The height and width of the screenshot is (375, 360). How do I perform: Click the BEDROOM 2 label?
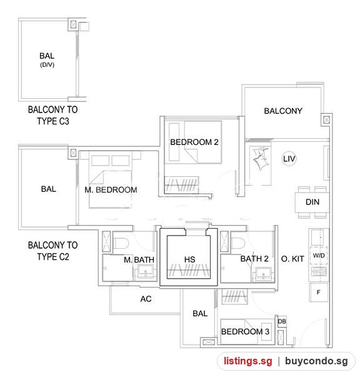coord(194,142)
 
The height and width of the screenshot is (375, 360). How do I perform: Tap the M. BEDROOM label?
coord(111,190)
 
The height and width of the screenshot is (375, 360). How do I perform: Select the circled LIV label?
coord(289,159)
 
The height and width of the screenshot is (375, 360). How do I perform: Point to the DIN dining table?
coord(312,202)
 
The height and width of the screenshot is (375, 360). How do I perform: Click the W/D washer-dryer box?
coord(319,256)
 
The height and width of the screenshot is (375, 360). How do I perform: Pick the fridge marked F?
coord(318,292)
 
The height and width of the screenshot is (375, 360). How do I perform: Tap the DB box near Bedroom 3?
coord(282,321)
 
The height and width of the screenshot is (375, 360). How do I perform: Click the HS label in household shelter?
coord(190,259)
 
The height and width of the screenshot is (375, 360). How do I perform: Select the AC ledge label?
coord(146,299)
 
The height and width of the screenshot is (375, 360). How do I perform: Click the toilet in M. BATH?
coord(121,244)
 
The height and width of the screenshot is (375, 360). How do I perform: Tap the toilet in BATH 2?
coord(237,244)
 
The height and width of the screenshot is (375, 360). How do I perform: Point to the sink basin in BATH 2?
coord(263,273)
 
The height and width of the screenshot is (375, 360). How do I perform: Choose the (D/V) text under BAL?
coord(47,65)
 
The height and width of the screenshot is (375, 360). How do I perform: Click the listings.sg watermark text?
coord(248,361)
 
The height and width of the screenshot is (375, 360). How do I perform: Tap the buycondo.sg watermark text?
coord(316,361)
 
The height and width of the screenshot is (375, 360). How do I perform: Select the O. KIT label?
coord(292,259)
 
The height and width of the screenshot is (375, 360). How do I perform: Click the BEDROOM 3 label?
coord(245,332)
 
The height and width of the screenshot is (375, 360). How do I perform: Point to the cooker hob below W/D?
coord(319,271)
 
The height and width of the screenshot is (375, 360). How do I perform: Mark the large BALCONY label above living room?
coord(283,111)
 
